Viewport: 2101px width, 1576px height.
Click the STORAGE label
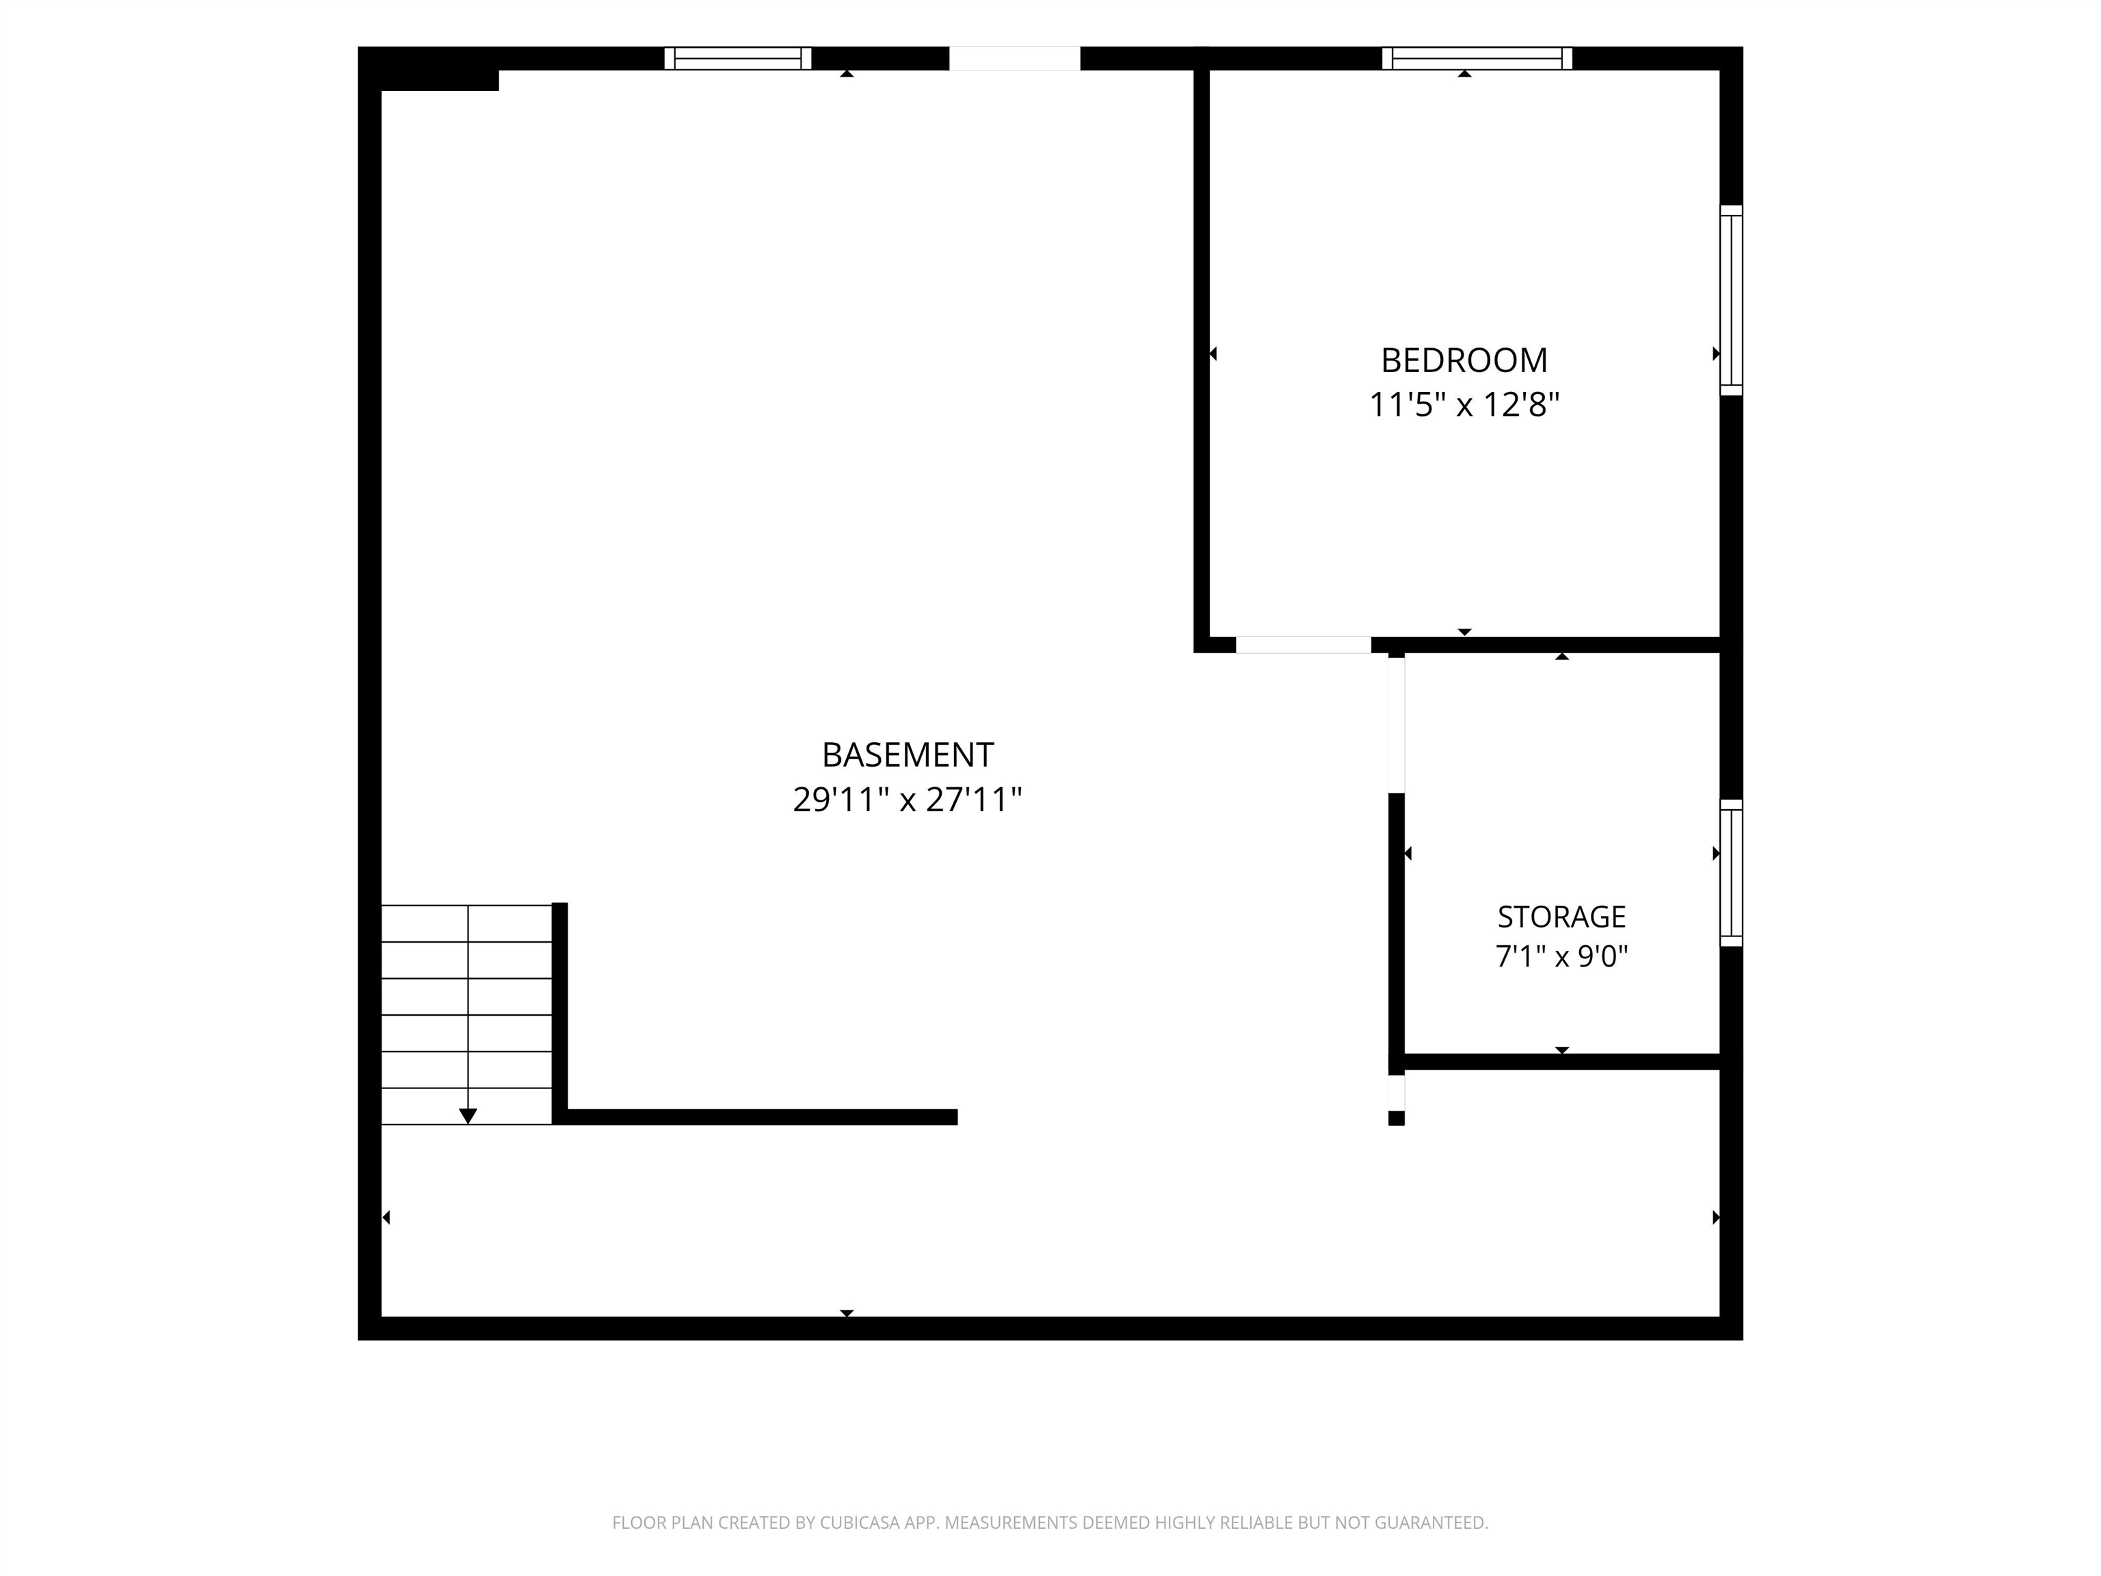point(1561,917)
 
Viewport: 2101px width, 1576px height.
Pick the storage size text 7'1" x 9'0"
point(1561,956)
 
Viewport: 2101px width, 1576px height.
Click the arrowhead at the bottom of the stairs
point(468,1116)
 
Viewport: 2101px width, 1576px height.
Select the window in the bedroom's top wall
point(1477,58)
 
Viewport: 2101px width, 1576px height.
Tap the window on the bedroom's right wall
point(1732,300)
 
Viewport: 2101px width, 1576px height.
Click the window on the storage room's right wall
point(1732,873)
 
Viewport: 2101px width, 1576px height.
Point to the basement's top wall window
point(738,58)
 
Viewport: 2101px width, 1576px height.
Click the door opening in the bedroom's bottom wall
point(1303,645)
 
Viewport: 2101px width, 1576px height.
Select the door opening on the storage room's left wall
point(1397,724)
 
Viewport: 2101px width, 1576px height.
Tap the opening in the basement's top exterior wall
point(1014,58)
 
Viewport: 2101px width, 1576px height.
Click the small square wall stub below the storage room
point(1397,1118)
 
